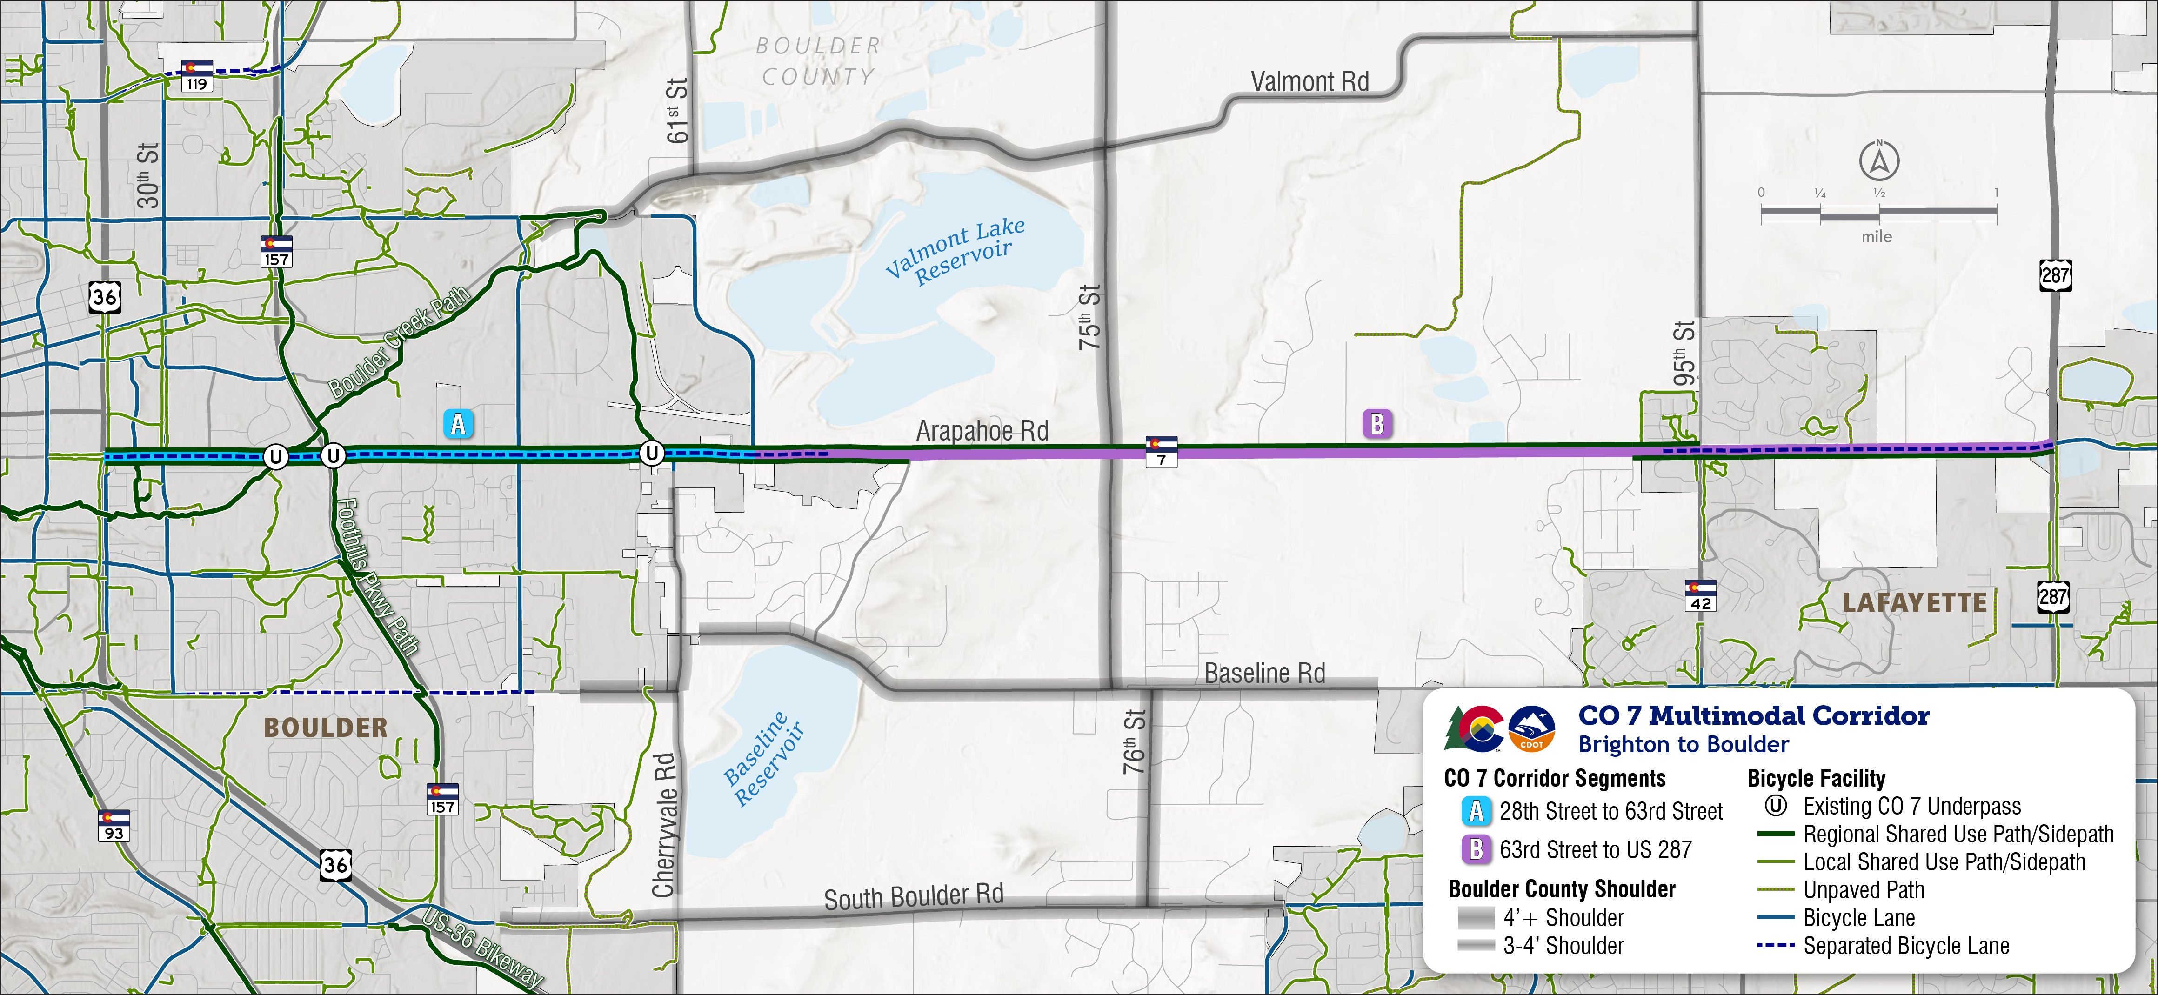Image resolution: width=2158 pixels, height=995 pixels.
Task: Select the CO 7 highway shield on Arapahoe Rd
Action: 1161,451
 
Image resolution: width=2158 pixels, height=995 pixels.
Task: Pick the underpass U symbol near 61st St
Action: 651,453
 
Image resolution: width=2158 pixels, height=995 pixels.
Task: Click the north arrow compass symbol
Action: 1879,161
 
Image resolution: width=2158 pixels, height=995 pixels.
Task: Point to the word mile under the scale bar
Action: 1877,237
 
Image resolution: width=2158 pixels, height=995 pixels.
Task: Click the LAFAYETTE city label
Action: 1914,602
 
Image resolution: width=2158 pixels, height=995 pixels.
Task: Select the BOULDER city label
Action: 326,727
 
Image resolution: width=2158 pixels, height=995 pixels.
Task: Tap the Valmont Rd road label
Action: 1309,82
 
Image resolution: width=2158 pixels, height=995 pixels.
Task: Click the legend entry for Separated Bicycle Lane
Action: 1906,946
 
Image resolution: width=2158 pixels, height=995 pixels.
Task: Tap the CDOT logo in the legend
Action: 1531,728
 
